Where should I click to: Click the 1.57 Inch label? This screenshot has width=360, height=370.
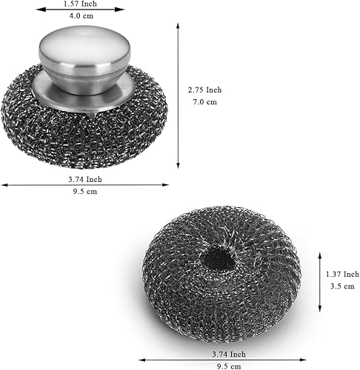[80, 4]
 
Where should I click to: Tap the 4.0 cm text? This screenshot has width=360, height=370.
[81, 16]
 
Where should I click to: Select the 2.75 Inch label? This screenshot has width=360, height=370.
[204, 90]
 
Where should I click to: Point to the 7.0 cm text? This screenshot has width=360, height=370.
[205, 101]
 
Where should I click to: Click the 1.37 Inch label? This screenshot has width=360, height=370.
[342, 274]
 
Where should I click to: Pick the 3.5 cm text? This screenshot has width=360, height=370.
[342, 286]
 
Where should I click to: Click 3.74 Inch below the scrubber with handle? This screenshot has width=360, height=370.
[85, 179]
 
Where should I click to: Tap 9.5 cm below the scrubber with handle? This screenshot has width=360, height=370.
[85, 192]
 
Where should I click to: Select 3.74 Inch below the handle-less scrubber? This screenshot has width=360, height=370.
[229, 354]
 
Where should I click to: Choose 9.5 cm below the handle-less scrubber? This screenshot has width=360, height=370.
[229, 366]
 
